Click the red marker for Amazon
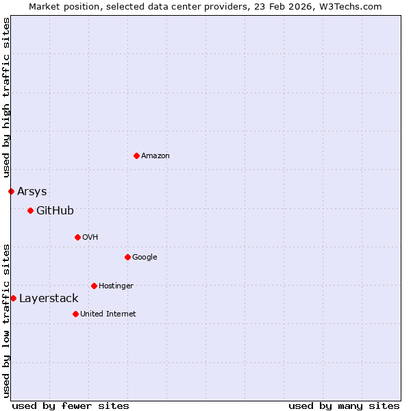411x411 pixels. point(136,155)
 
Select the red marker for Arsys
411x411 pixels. point(11,191)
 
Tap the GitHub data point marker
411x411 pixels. point(30,210)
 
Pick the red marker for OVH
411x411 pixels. point(77,237)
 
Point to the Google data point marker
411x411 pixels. point(127,257)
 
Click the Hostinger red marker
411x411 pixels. point(94,286)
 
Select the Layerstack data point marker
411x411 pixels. point(13,298)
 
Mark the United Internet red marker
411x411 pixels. point(75,314)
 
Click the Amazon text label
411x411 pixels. point(155,156)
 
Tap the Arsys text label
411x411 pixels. point(32,191)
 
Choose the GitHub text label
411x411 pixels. point(55,210)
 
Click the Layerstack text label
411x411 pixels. point(49,298)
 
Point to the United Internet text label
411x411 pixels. point(108,314)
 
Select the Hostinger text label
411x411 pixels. point(116,286)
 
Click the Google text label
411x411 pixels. point(145,258)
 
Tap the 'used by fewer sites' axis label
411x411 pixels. point(71,406)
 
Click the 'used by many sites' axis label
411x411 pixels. point(344,406)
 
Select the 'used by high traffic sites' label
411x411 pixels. point(6,97)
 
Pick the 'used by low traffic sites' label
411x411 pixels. point(6,320)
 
